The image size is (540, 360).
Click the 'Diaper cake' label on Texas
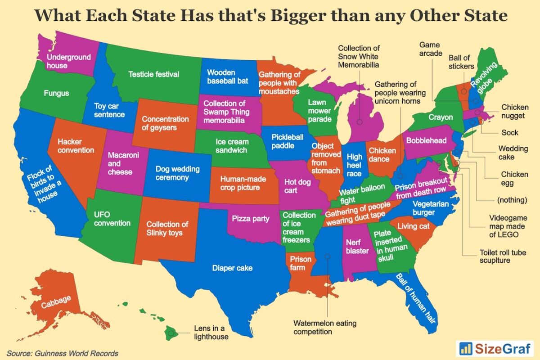point(232,268)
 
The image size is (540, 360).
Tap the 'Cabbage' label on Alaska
point(56,302)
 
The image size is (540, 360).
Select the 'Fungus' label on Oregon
point(56,94)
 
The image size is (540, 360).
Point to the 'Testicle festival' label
point(153,74)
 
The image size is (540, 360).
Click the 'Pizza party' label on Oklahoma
point(251,219)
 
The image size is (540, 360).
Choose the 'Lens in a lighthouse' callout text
point(211,332)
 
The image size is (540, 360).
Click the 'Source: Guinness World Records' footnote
point(63,353)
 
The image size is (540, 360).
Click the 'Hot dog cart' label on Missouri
point(297,187)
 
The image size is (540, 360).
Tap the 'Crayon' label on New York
point(441,117)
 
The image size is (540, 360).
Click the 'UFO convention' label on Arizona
point(112,219)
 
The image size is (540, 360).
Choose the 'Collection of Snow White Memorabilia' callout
point(359,56)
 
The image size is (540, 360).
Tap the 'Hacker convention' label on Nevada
point(76,146)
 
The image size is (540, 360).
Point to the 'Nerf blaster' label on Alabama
point(357,247)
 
